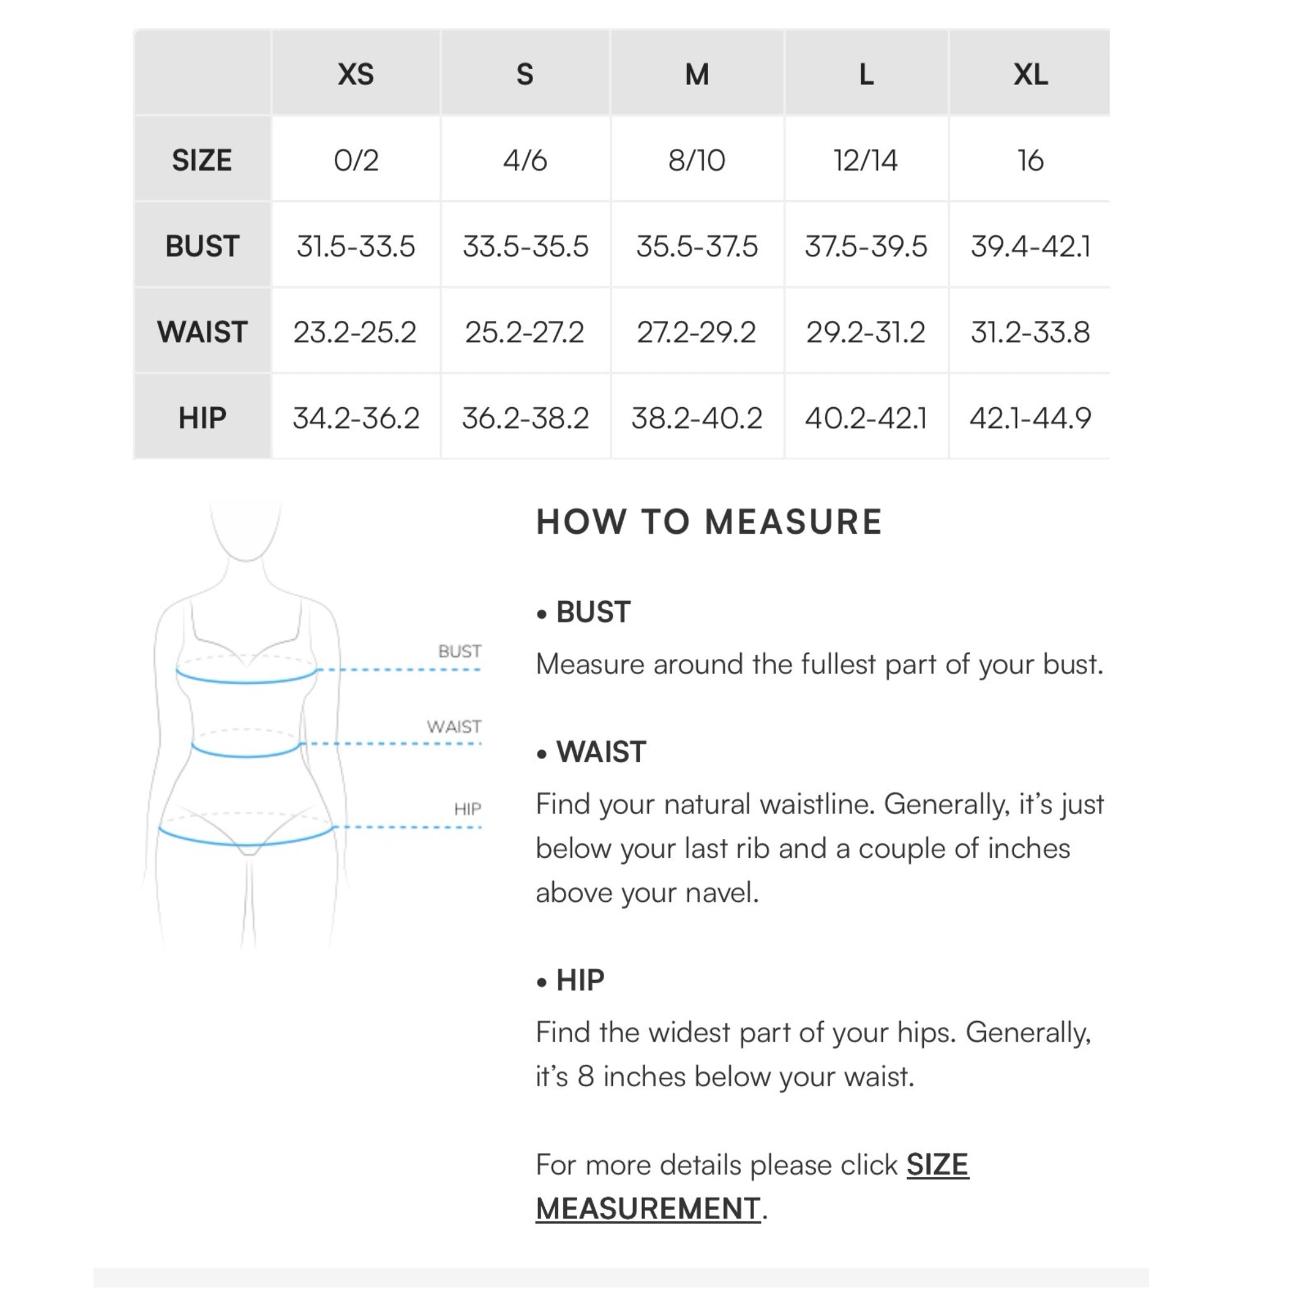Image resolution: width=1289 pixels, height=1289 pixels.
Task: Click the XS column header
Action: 356,74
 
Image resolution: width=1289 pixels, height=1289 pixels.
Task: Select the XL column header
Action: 1030,74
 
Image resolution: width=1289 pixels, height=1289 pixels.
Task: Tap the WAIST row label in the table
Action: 202,332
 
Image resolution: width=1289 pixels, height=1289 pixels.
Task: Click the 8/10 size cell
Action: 697,160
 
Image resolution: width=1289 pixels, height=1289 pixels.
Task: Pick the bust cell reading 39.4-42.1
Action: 1030,246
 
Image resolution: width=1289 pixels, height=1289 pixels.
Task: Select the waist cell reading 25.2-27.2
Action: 524,332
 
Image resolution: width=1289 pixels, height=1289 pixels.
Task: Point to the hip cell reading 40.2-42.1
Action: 865,419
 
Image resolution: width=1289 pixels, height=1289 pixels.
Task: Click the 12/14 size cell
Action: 865,160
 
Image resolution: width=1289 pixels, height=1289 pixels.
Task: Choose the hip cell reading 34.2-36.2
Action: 356,419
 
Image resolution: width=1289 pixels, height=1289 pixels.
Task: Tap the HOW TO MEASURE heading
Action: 709,522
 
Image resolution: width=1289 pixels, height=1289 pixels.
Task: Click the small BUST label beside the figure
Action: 459,651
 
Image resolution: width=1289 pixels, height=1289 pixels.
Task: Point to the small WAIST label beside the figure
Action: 454,726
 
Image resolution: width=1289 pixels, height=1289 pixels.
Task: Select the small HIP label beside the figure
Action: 467,809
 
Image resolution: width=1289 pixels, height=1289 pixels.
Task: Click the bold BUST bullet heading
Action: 592,612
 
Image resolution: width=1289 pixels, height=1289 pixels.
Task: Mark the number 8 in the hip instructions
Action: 585,1076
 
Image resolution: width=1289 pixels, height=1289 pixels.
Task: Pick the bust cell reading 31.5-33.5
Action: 356,246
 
